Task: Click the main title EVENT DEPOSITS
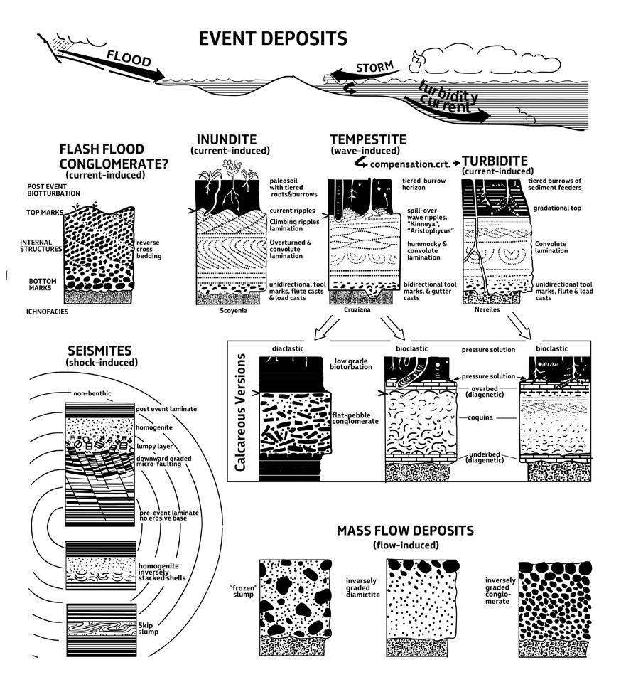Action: (273, 38)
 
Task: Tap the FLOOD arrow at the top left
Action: (131, 62)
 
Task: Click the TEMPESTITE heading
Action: (368, 139)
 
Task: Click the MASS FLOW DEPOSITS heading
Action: (405, 531)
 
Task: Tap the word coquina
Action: (480, 418)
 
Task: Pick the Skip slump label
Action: (153, 628)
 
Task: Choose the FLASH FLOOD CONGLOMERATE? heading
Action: (113, 157)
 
